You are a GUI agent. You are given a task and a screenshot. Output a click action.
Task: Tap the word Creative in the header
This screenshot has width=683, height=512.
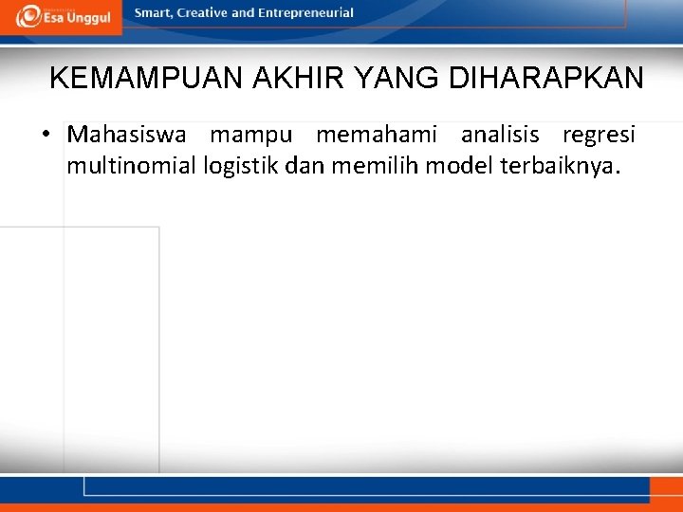coord(203,13)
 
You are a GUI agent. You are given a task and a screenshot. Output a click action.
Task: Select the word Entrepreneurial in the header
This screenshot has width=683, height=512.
coord(305,13)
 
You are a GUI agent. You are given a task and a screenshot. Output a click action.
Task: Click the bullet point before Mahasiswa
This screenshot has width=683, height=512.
coord(46,135)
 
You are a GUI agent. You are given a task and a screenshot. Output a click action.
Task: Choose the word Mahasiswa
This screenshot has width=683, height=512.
coord(126,135)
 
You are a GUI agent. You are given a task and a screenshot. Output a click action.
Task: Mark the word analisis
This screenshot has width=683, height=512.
coord(499,135)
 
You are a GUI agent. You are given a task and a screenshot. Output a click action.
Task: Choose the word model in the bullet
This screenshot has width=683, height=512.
coord(452,167)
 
